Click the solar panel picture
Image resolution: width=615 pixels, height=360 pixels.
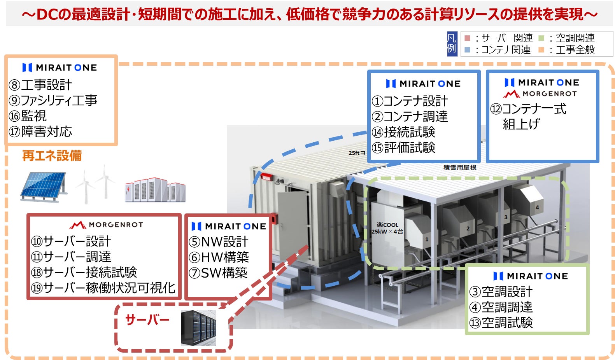tap(43, 186)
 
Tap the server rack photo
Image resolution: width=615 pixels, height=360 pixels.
tap(198, 327)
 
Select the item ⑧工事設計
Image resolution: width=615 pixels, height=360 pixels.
tap(40, 85)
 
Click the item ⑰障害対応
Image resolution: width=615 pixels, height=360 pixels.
tap(40, 131)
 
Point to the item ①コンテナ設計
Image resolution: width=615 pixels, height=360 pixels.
tap(410, 101)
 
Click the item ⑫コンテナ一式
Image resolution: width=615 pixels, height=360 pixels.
tap(528, 109)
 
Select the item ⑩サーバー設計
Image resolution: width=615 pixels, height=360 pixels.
tap(71, 241)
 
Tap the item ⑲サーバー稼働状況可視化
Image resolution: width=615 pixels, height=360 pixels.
tap(103, 288)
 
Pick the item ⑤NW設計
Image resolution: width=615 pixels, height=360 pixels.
tap(218, 242)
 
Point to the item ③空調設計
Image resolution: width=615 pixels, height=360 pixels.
tap(501, 292)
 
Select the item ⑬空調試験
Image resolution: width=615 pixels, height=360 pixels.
tap(501, 323)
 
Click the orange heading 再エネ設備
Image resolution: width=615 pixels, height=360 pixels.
tap(52, 156)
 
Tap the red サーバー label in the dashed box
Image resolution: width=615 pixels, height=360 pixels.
tap(147, 320)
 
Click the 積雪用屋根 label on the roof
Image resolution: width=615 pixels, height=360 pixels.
tap(460, 168)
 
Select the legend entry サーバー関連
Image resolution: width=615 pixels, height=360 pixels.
tap(503, 38)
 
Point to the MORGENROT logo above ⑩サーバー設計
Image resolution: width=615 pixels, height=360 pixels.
tap(106, 225)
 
